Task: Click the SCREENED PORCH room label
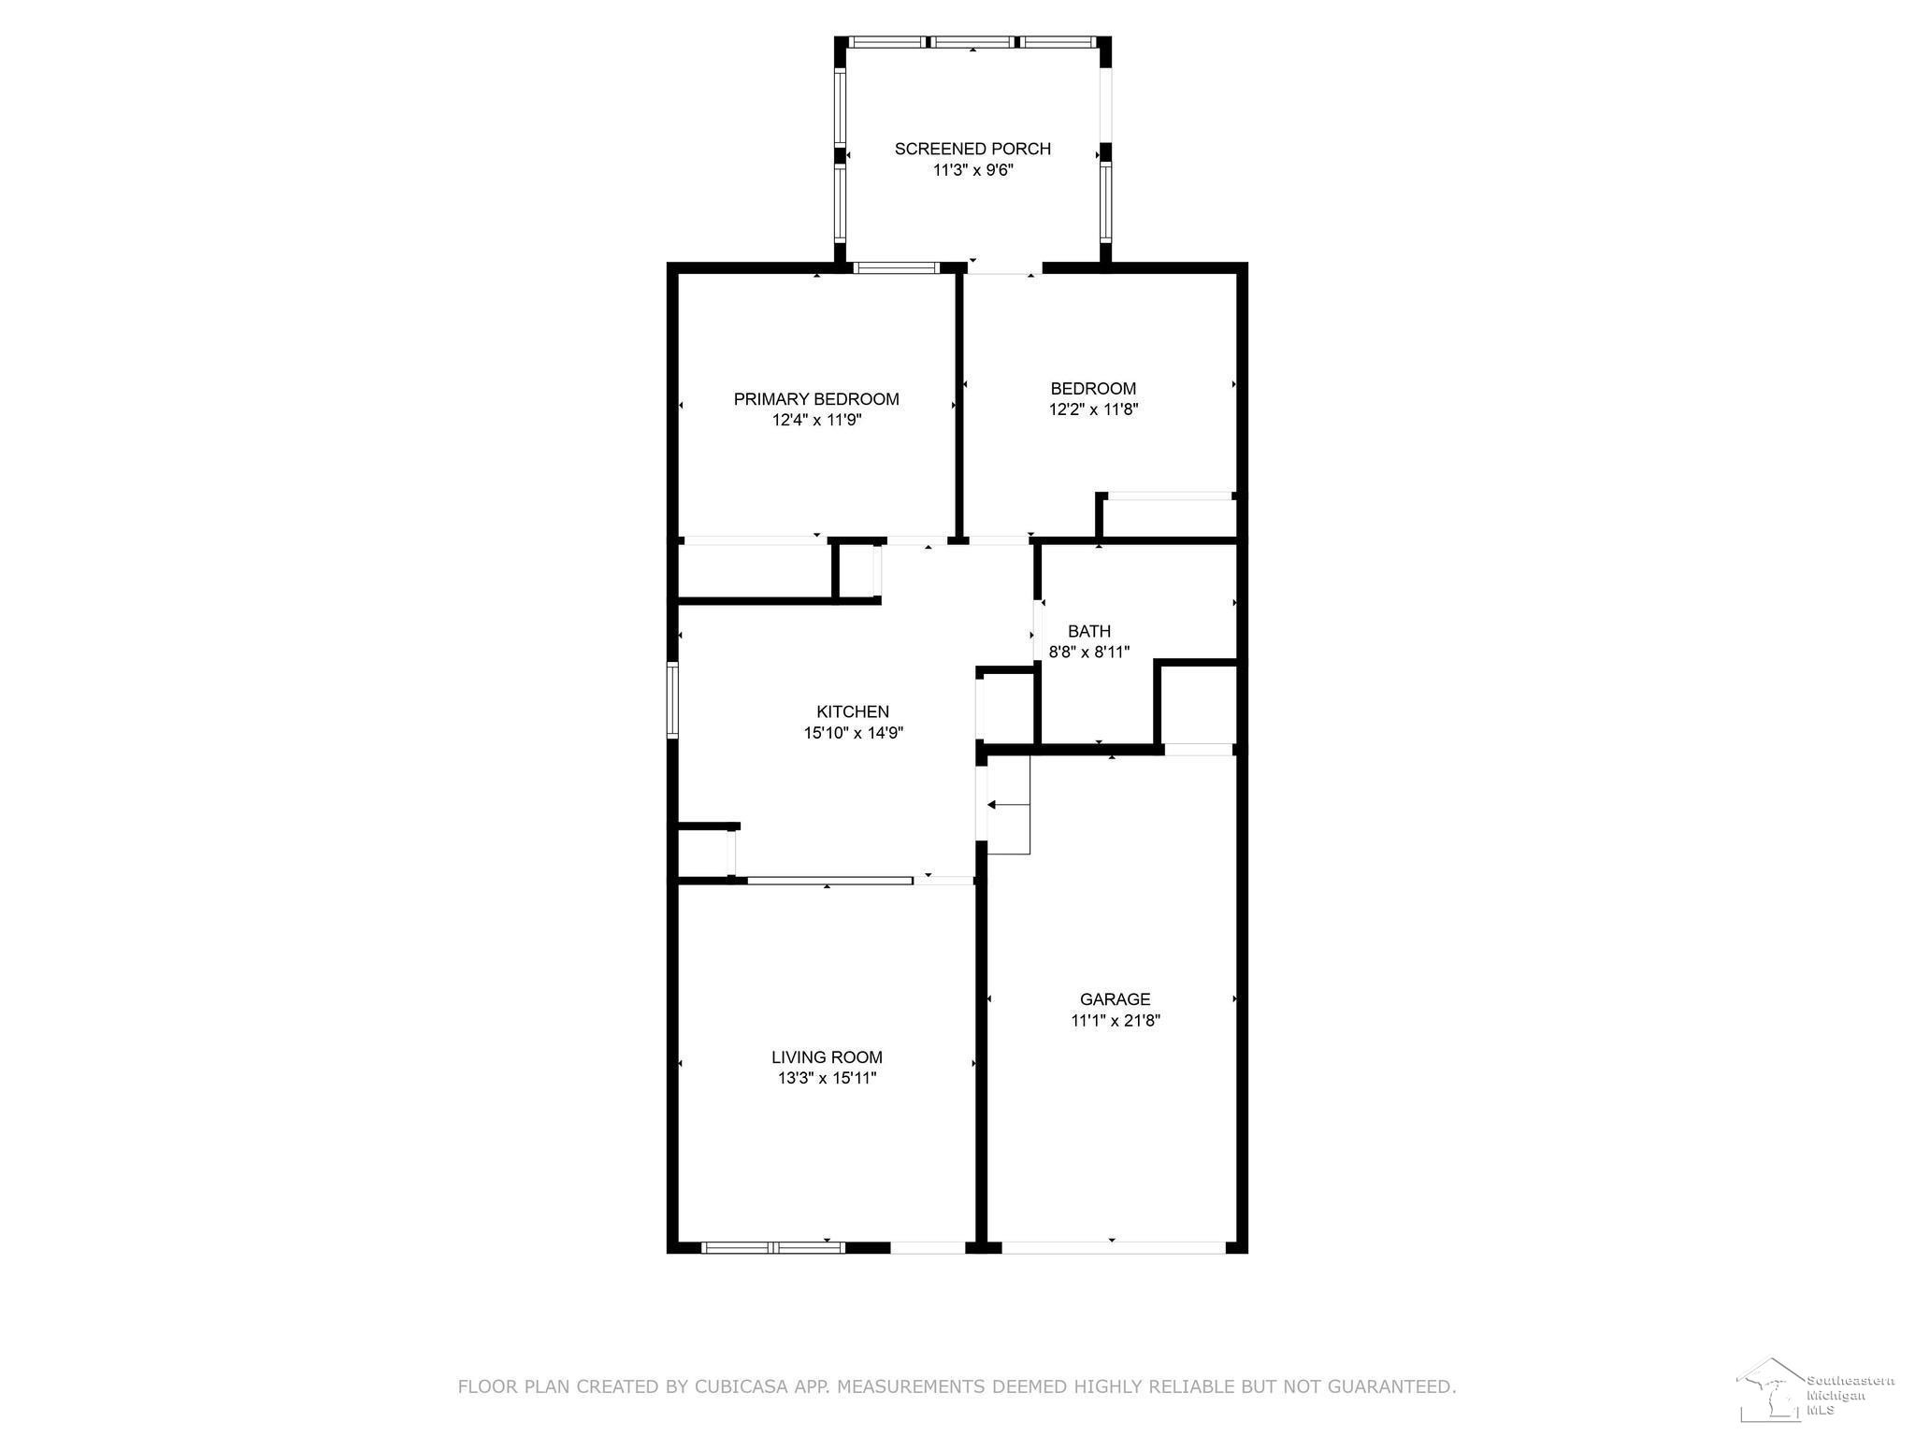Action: tap(972, 149)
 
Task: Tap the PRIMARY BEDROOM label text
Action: tap(816, 399)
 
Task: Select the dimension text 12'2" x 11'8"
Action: tap(1093, 409)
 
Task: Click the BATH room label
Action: tap(1089, 631)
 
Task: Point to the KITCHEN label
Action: tap(853, 712)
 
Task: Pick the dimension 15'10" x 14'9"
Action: tap(853, 733)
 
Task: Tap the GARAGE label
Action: tap(1116, 999)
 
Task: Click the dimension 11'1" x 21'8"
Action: tap(1116, 1021)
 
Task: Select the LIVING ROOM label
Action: tap(827, 1057)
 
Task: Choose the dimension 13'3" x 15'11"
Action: tap(827, 1078)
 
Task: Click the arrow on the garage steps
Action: tap(1008, 804)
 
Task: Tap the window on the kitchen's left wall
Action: tap(672, 700)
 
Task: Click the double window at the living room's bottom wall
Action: tap(773, 1247)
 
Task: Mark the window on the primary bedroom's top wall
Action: tap(897, 268)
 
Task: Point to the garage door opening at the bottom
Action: tap(1113, 1247)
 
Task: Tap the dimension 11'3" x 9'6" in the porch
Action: tap(972, 170)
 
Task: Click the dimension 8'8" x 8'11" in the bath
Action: tap(1089, 652)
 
